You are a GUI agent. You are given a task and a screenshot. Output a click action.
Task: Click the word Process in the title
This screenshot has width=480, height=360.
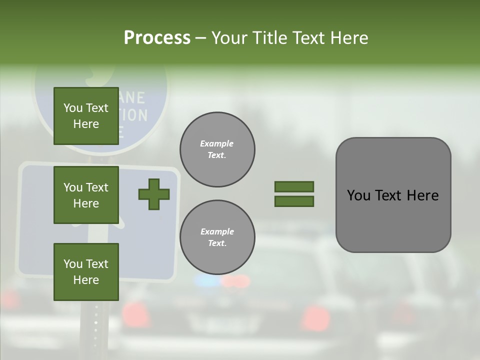coord(157,37)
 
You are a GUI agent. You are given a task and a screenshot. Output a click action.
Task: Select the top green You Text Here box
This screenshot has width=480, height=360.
coord(86,116)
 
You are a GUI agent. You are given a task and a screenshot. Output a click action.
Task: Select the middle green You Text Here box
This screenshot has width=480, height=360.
coord(86,195)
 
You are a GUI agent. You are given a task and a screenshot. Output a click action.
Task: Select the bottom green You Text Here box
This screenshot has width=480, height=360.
coord(86,271)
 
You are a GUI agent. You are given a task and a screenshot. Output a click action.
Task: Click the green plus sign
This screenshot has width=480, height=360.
coord(154,194)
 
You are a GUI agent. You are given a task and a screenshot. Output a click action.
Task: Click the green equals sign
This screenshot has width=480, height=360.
coord(294,194)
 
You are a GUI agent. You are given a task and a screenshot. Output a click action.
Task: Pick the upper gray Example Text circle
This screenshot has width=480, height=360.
coord(217,149)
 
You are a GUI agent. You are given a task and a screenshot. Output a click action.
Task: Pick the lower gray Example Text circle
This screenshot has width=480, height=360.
coord(217,237)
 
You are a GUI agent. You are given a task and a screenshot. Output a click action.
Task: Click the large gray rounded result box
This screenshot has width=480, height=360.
coord(393,195)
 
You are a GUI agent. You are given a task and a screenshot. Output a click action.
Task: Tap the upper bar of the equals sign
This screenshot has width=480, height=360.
coord(294,186)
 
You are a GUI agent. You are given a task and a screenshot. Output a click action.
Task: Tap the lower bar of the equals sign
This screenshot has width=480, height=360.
coord(294,201)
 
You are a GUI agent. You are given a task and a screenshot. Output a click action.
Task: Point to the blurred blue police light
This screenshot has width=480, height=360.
coord(206,281)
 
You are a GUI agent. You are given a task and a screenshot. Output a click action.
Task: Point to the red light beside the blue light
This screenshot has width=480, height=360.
coord(235,281)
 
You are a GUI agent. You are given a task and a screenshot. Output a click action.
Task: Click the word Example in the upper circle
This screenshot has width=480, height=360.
coord(217,143)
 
